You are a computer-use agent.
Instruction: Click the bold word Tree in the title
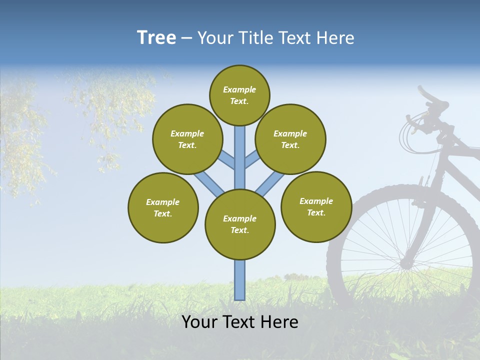pos(156,37)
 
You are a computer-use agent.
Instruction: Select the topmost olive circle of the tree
pos(239,95)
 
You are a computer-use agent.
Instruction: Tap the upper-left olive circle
pos(187,139)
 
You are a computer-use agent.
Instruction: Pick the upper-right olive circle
pos(290,139)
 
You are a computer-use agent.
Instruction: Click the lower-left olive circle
pos(163,207)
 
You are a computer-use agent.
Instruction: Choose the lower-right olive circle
pos(316,206)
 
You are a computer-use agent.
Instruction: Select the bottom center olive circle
pos(240,224)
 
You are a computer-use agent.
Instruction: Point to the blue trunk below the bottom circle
pos(240,280)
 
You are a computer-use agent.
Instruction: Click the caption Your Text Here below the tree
pos(240,322)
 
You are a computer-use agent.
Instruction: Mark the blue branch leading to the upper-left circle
pos(225,159)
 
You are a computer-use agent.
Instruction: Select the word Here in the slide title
pos(337,38)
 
